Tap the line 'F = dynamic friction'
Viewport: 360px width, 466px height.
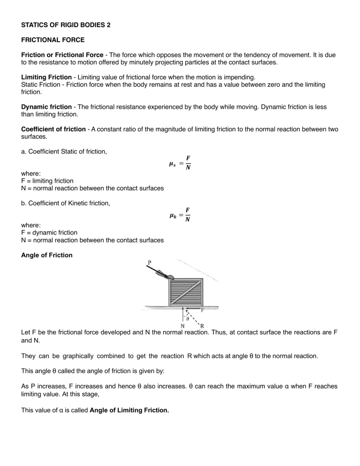(49, 233)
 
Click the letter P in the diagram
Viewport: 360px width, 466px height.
(150, 263)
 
